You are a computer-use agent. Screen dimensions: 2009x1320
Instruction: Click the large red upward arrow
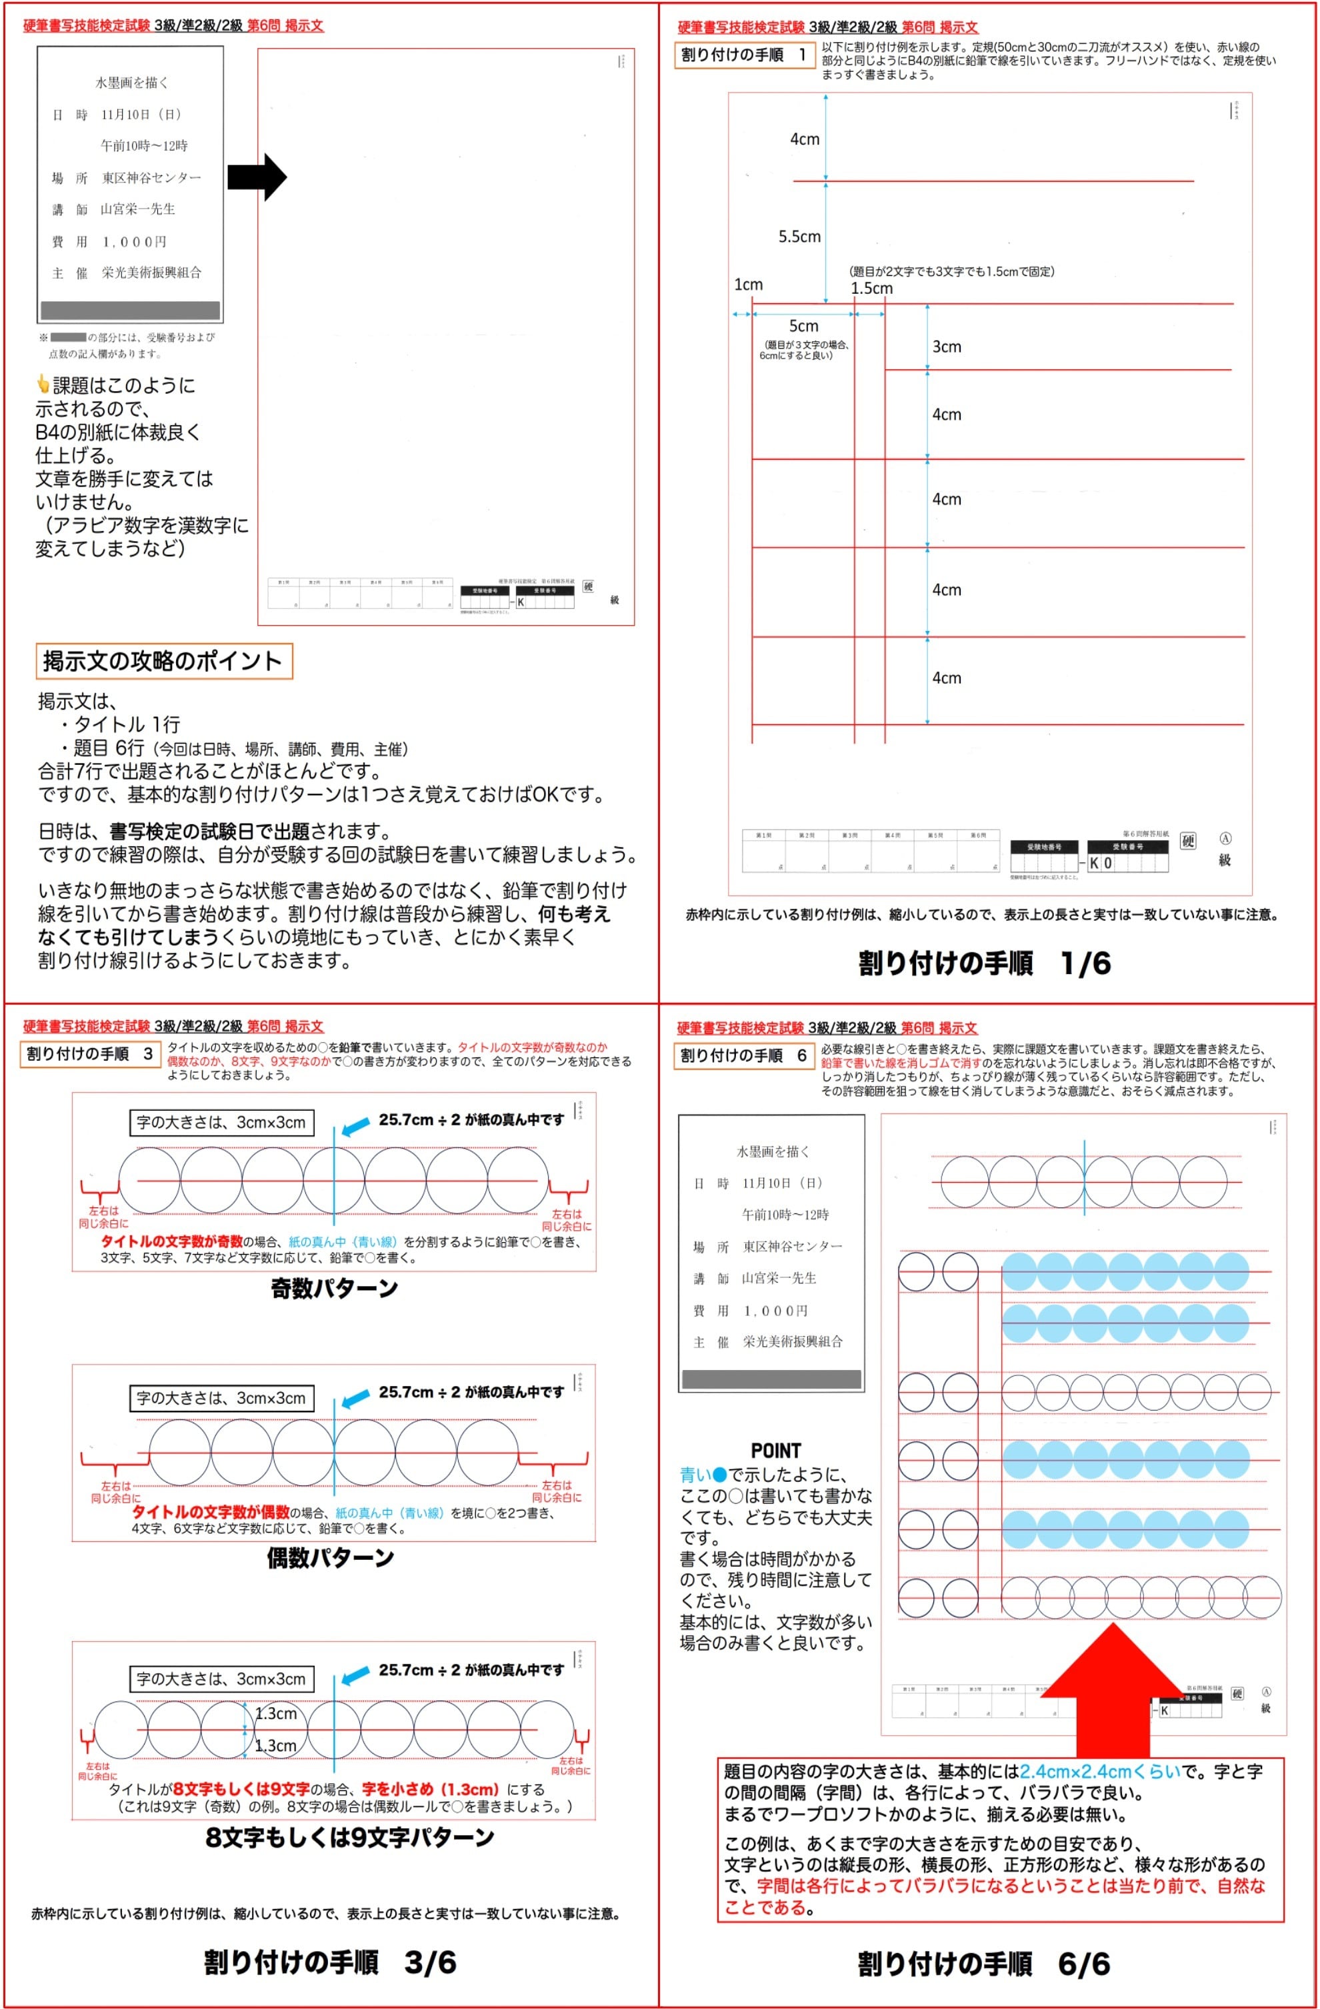(x=1113, y=1688)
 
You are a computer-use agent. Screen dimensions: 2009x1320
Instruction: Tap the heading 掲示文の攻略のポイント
(x=163, y=661)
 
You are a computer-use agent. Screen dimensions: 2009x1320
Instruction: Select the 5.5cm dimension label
(x=799, y=237)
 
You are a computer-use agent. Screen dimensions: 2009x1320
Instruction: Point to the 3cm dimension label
(x=946, y=347)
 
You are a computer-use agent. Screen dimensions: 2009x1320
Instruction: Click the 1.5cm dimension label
(x=871, y=288)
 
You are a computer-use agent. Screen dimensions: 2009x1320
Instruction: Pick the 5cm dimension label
(x=803, y=326)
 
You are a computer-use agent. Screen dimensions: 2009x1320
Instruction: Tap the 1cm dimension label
(x=747, y=285)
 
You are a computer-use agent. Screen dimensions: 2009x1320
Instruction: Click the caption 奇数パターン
(x=333, y=1288)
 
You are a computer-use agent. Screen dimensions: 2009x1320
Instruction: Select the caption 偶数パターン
(x=330, y=1557)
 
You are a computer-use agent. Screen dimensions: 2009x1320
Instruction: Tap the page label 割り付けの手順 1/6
(x=984, y=963)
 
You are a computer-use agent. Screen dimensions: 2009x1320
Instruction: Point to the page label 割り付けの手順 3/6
(x=329, y=1962)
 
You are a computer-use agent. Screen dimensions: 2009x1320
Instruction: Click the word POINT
(x=775, y=1450)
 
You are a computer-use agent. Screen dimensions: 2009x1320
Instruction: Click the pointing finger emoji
(x=43, y=385)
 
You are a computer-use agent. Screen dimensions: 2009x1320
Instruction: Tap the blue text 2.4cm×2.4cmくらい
(x=1099, y=1772)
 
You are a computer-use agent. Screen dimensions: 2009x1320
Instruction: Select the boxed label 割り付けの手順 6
(x=743, y=1055)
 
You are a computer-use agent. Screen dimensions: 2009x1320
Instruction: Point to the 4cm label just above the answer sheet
(x=946, y=678)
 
